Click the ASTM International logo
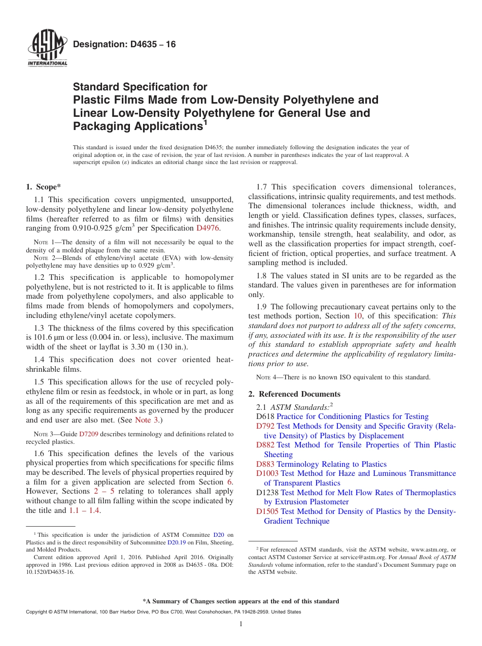47,49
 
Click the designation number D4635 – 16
124,45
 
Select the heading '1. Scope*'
44,187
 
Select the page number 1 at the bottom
241,624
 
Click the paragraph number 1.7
263,187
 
